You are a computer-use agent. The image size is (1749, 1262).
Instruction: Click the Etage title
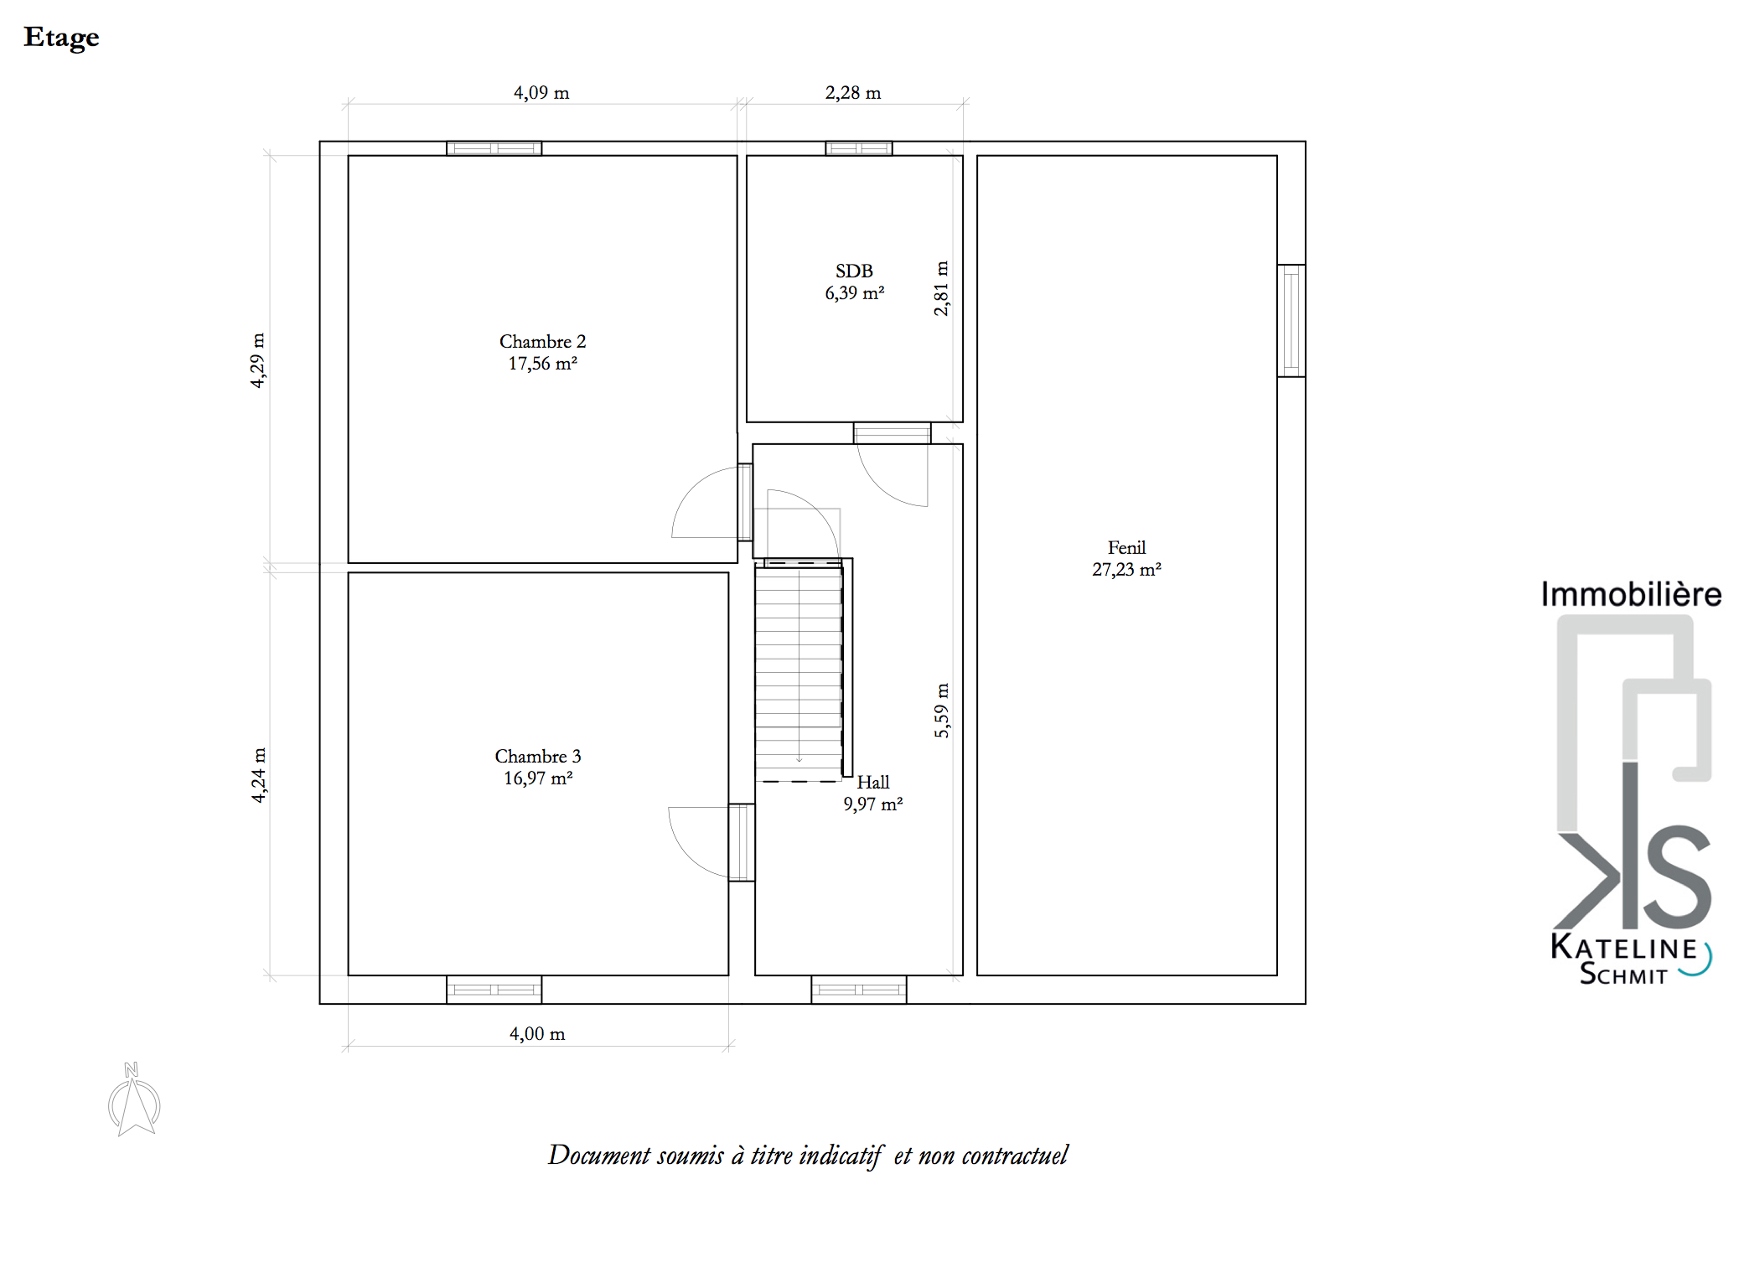coord(61,38)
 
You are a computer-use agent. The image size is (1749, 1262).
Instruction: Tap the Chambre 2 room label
coord(542,342)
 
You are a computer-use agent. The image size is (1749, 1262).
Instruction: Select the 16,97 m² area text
coord(538,778)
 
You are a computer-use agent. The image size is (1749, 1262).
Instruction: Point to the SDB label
coord(854,271)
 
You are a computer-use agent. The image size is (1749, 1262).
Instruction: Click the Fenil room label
coord(1126,548)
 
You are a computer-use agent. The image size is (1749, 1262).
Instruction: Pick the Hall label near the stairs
coord(872,783)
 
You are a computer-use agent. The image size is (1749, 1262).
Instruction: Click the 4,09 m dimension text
coord(541,93)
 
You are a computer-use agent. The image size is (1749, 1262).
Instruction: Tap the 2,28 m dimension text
coord(853,93)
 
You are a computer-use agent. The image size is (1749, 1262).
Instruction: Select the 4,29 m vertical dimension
coord(258,360)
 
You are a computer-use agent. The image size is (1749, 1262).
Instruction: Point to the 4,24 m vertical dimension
coord(259,775)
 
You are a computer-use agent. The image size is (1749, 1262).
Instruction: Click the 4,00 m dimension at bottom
coord(537,1034)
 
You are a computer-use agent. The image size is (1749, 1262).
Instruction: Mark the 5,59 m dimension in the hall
coord(942,711)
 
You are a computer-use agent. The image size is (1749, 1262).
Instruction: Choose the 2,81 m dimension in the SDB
coord(942,288)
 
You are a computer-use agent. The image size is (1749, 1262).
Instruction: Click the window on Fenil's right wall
coord(1291,321)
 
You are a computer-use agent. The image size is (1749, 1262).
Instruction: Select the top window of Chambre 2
coord(494,148)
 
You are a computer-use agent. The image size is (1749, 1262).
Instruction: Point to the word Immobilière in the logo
coord(1631,594)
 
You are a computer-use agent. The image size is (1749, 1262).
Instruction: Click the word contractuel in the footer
coord(1015,1156)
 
